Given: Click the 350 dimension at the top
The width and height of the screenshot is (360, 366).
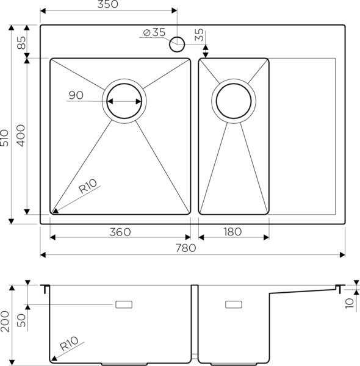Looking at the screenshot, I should point(107,5).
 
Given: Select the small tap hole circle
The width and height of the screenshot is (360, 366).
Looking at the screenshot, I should point(178,44).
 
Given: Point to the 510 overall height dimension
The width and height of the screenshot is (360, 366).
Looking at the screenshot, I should point(5,141).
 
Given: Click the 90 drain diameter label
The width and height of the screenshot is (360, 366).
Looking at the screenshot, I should point(76,95).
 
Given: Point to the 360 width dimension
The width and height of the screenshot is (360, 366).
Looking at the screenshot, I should point(120,232).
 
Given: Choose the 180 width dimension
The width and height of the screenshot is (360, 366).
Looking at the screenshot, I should point(233,232).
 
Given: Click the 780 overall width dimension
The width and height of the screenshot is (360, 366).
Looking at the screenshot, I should point(185,248).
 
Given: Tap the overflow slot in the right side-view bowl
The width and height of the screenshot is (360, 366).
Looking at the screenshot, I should point(234,303).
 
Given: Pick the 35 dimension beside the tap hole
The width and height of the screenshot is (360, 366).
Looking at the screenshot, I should point(200,35).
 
